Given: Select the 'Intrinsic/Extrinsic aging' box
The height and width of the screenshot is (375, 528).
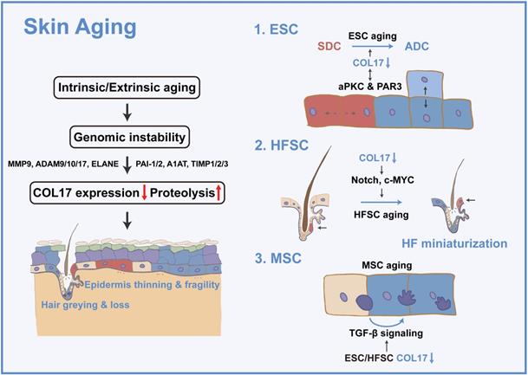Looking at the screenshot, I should point(124,87).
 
